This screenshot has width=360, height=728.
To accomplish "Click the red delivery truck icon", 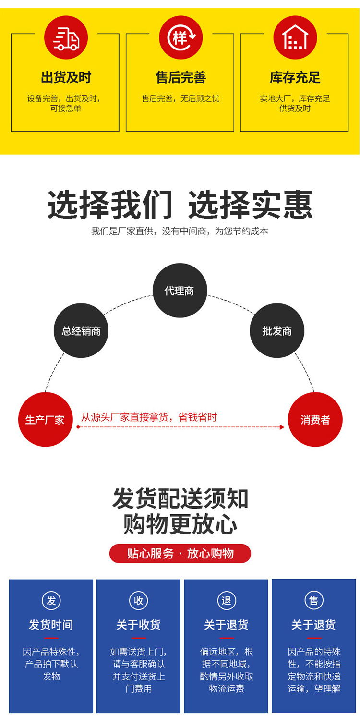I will click(66, 37).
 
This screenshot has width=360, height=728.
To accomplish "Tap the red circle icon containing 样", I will click(180, 37).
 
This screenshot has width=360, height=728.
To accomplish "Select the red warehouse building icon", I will click(295, 37).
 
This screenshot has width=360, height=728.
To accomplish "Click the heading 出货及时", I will click(66, 78).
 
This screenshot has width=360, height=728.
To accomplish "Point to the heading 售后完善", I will click(180, 78).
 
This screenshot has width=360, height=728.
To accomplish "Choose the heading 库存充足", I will click(295, 78).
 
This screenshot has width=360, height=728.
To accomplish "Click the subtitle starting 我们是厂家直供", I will click(180, 231).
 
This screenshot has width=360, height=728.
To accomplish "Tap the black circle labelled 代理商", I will click(180, 291).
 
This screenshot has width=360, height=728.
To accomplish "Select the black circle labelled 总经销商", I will click(81, 331).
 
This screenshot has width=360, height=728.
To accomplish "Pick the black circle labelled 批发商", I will click(277, 331).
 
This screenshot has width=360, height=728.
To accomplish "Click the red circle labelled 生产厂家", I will click(45, 420).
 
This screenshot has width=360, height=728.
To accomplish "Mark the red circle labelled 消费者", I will click(315, 420).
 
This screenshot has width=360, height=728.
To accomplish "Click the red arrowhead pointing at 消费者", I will click(282, 427).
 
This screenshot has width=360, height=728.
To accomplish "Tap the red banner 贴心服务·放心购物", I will click(180, 554).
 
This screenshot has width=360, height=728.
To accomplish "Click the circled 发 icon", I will click(51, 600).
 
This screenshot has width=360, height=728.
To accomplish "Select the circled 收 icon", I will click(138, 600).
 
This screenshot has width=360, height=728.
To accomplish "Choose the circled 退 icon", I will click(226, 600).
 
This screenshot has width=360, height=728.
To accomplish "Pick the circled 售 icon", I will click(313, 600).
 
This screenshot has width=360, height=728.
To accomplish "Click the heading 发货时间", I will click(51, 625).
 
